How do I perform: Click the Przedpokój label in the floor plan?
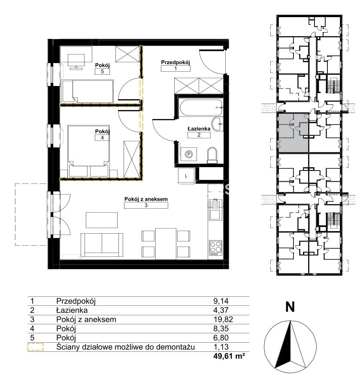(175, 62)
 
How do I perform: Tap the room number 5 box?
(103, 71)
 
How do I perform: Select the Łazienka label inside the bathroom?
(199, 129)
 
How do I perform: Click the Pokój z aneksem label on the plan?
(146, 199)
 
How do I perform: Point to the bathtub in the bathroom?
(201, 107)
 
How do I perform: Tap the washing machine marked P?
(189, 154)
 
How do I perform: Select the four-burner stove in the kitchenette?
(215, 247)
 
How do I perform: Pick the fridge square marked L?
(186, 176)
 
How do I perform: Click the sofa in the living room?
(102, 245)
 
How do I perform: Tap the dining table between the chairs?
(166, 244)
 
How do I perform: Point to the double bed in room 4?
(89, 151)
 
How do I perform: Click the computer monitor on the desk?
(76, 60)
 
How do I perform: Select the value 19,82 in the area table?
(223, 320)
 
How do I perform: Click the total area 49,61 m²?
(229, 356)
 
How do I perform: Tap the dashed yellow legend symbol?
(35, 347)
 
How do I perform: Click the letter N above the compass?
(290, 307)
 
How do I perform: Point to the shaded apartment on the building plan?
(293, 133)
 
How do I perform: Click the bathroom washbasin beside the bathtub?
(218, 124)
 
